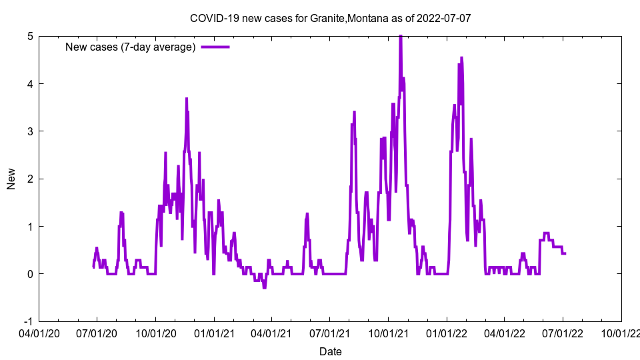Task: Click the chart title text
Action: click(x=331, y=18)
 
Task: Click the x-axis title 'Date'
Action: click(x=331, y=351)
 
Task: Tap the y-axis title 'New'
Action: click(x=11, y=179)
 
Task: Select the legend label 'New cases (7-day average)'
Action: click(x=130, y=47)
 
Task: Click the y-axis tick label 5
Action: click(x=30, y=36)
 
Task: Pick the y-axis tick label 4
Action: click(x=30, y=84)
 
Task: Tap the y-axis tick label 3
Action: click(x=30, y=131)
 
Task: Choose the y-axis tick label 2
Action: click(x=30, y=179)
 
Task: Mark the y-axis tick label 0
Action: click(x=30, y=274)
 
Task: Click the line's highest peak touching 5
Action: click(x=400, y=37)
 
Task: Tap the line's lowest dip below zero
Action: click(x=264, y=287)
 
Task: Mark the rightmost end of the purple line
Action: click(x=565, y=253)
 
